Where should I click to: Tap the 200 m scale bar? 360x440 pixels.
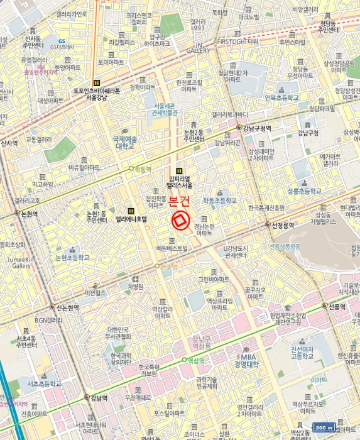[x=325, y=427]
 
